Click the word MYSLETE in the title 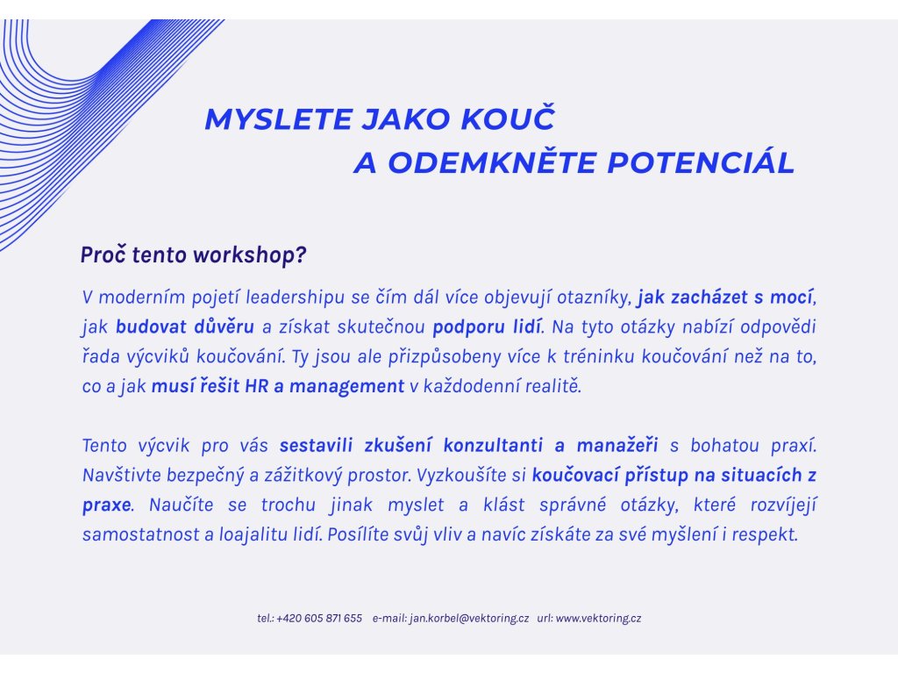278,119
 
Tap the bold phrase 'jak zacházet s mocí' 725,298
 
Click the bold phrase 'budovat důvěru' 184,327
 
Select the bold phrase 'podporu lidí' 487,327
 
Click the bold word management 346,387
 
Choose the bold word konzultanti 493,445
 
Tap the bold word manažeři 617,445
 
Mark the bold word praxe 106,505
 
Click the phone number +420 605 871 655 319,619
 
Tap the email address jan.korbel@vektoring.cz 469,619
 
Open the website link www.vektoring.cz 598,619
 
